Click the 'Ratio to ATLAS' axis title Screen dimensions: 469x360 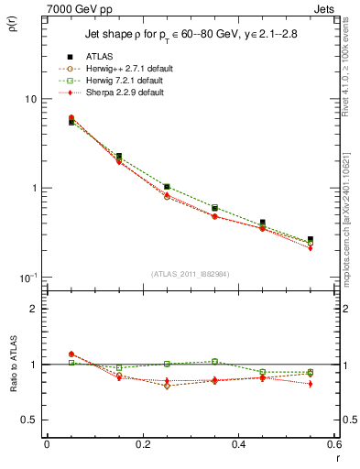point(13,363)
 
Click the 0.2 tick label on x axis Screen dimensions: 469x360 point(142,444)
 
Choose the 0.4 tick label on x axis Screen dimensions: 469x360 point(238,444)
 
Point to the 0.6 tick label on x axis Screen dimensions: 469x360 point(333,444)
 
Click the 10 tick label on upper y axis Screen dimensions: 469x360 point(29,99)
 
